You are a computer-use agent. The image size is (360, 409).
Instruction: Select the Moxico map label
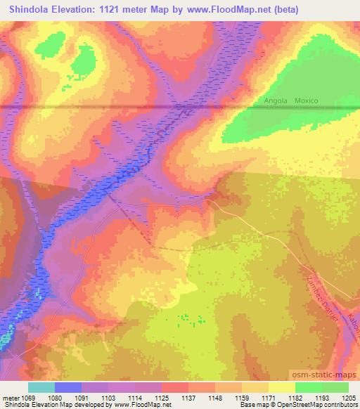(307, 100)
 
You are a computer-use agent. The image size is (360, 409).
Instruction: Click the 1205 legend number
(349, 397)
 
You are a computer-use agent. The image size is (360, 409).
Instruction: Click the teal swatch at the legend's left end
(41, 387)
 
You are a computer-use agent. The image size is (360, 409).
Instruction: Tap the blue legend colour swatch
(68, 387)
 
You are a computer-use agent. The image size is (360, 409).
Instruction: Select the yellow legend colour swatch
(281, 387)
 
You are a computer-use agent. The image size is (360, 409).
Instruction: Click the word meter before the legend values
(10, 397)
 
